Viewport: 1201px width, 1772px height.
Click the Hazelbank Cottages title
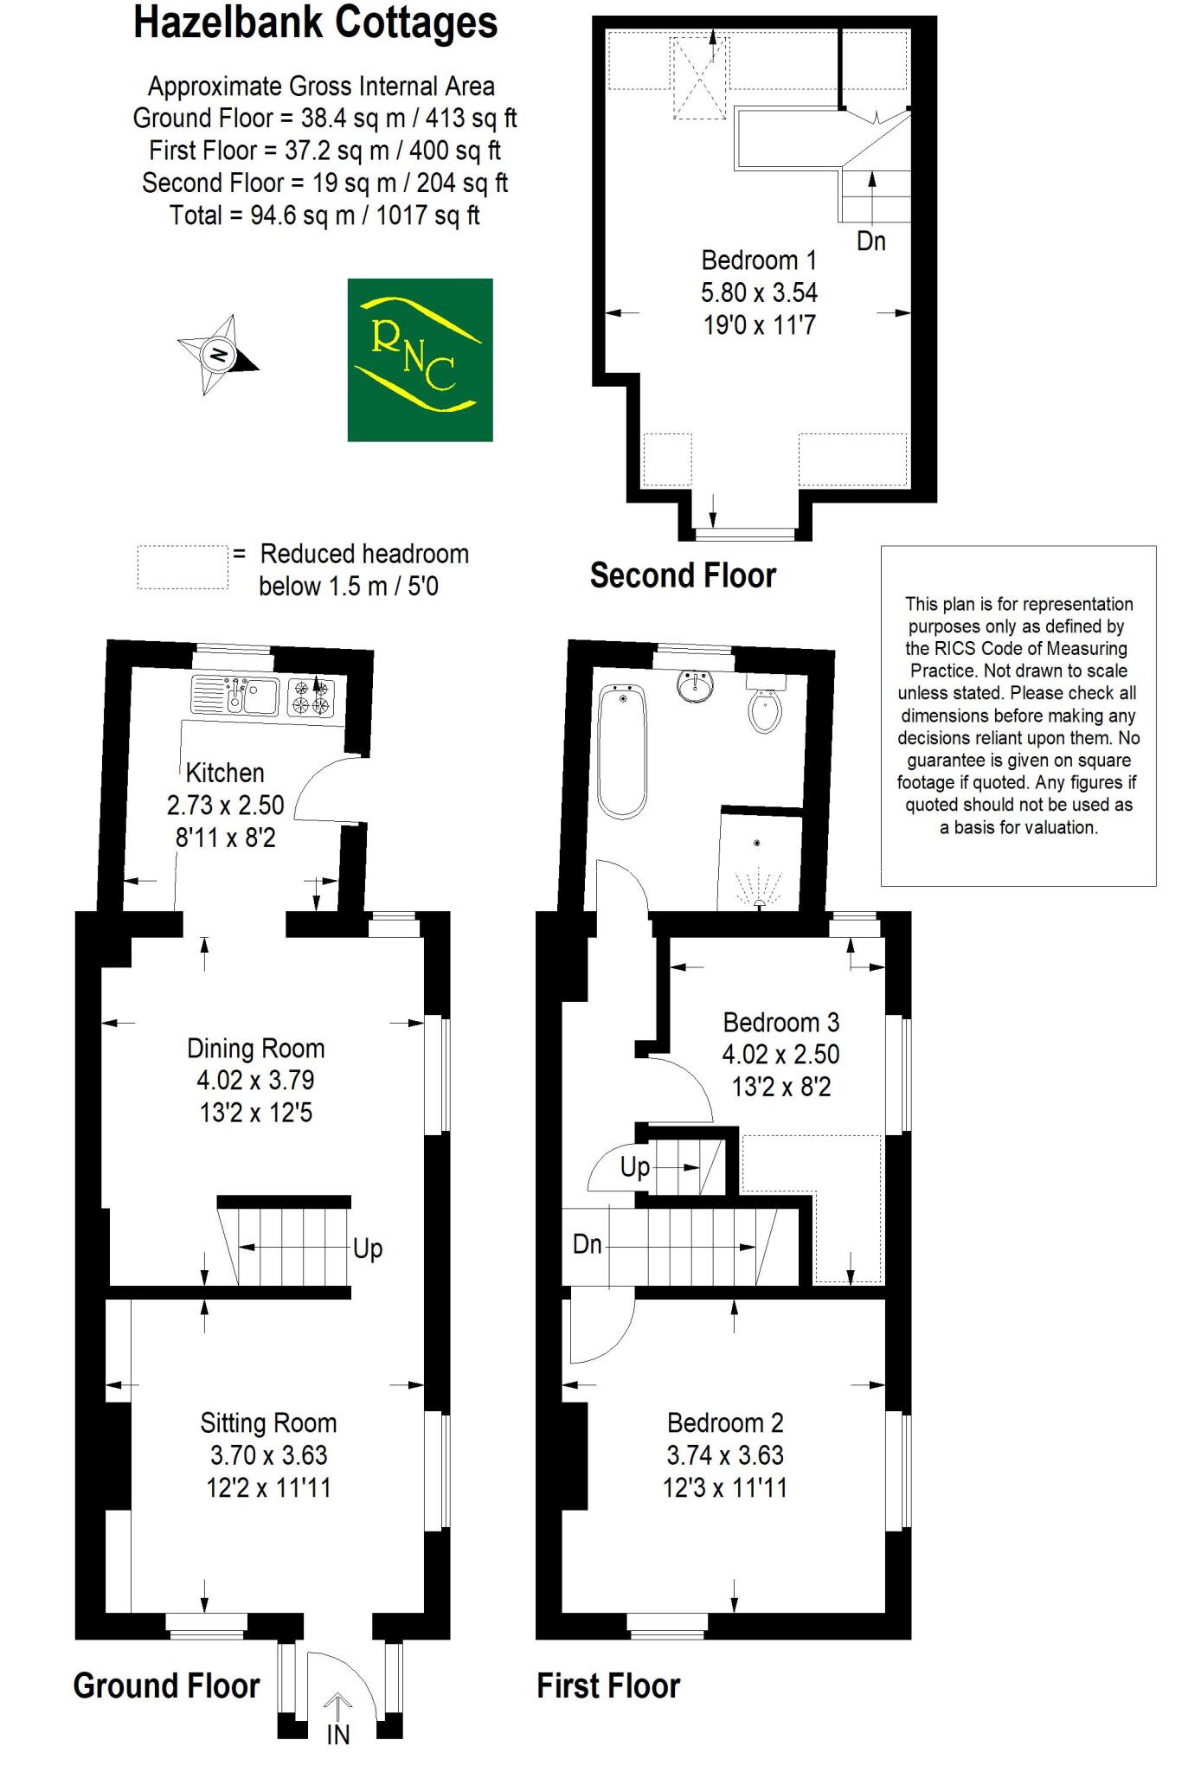point(315,23)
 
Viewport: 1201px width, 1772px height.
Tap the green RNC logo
point(420,360)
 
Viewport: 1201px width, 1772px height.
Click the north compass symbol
point(218,355)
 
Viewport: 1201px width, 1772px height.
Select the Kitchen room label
point(225,773)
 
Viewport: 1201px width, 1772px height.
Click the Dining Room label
point(256,1049)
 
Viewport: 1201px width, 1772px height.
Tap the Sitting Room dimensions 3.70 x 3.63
point(268,1455)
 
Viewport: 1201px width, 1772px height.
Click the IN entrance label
point(337,1735)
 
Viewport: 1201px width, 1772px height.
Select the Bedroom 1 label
point(759,260)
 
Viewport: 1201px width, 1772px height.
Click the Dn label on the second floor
point(871,241)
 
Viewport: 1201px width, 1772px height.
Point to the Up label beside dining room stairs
point(368,1249)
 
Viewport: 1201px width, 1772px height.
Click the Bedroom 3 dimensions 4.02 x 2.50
point(780,1055)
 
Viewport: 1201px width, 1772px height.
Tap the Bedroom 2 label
point(725,1422)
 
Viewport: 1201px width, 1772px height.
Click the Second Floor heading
point(683,575)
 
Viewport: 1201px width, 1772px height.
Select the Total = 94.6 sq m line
point(324,215)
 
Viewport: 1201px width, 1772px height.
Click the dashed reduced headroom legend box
point(183,568)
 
